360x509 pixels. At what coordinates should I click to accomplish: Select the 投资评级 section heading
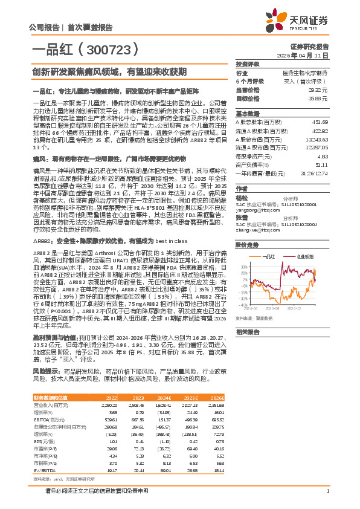248,63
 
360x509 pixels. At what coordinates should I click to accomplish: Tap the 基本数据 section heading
248,113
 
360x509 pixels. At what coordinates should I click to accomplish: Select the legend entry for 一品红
270,256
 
